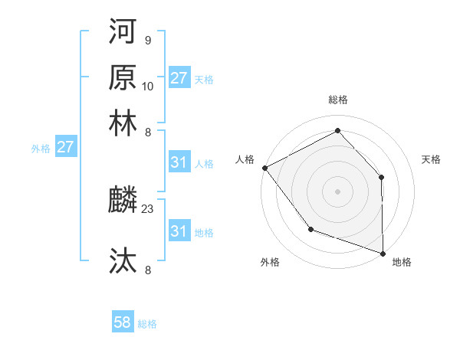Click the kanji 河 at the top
123,34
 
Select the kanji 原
123,78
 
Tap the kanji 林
123,122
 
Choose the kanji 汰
123,261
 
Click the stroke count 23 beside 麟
148,207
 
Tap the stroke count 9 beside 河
147,40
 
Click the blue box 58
122,323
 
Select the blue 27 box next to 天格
179,78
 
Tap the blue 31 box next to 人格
179,162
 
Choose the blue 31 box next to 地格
179,231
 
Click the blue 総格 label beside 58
147,324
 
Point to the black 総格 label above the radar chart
337,100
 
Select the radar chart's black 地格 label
402,263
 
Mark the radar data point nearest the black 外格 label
310,229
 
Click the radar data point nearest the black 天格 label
382,177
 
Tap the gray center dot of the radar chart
337,191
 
